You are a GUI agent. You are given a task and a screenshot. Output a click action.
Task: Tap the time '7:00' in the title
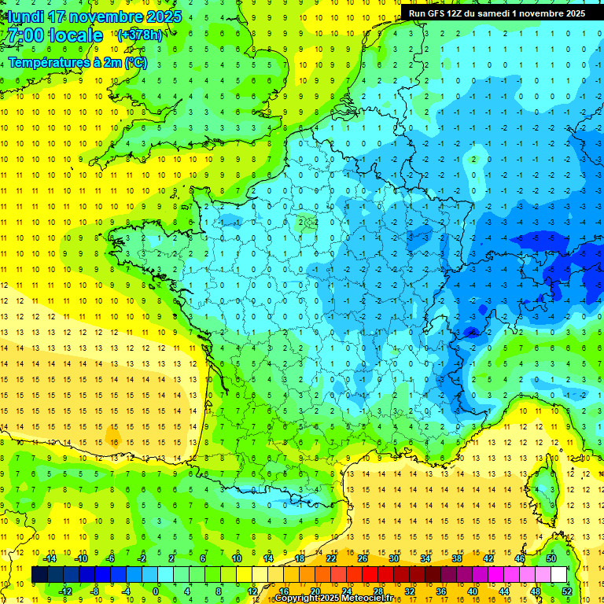point(26,35)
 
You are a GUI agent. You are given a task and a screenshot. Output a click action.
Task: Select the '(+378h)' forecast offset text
point(140,35)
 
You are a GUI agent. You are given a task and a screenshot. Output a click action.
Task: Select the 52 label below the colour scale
point(566,591)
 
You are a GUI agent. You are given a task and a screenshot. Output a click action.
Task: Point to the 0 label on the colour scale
point(156,591)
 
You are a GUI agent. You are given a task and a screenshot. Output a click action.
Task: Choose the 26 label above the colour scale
point(363,558)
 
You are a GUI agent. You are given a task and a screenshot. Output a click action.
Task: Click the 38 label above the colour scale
point(456,558)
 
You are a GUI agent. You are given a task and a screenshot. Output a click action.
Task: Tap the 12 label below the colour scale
point(252,591)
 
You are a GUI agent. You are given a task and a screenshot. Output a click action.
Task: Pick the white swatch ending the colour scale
point(558,574)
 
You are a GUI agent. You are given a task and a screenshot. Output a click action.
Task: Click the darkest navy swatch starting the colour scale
point(39,574)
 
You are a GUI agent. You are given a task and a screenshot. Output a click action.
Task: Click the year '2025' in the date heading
point(163,17)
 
